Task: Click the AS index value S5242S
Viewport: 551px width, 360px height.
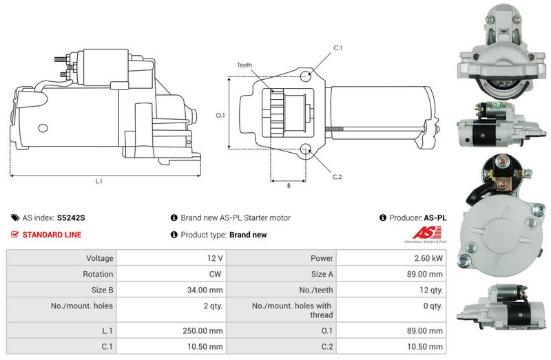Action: coord(71,218)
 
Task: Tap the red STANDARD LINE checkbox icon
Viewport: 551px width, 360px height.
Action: coord(14,234)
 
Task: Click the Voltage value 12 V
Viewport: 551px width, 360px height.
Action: coord(215,258)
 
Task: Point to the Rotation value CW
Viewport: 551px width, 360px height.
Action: coord(215,274)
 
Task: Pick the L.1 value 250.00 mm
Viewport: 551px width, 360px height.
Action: coord(202,330)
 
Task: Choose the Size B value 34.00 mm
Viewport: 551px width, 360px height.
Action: coord(205,290)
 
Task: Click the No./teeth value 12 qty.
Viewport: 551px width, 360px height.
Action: coord(431,290)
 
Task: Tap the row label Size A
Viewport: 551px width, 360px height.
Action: coord(322,274)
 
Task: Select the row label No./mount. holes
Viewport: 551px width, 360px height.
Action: coord(82,306)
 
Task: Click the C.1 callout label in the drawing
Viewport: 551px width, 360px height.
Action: coord(337,47)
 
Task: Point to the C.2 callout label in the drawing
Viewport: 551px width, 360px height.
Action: coord(337,177)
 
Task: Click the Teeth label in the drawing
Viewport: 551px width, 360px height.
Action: coord(245,65)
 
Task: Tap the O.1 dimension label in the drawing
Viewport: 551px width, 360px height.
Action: coord(220,115)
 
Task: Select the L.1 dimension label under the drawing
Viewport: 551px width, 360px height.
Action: coord(98,181)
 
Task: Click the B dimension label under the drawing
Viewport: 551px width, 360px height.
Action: coord(289,185)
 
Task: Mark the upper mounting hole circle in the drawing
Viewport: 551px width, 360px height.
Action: coord(305,76)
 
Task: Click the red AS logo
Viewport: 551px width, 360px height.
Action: coord(426,233)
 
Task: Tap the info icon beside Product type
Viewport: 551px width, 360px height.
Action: coord(174,234)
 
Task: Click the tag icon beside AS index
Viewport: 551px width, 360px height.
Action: coord(15,218)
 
